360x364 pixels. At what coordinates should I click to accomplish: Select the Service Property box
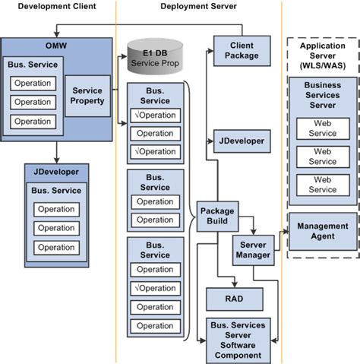tap(87, 96)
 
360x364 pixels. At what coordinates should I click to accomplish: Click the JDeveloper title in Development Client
tap(56, 172)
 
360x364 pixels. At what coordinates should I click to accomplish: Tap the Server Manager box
tap(253, 250)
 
